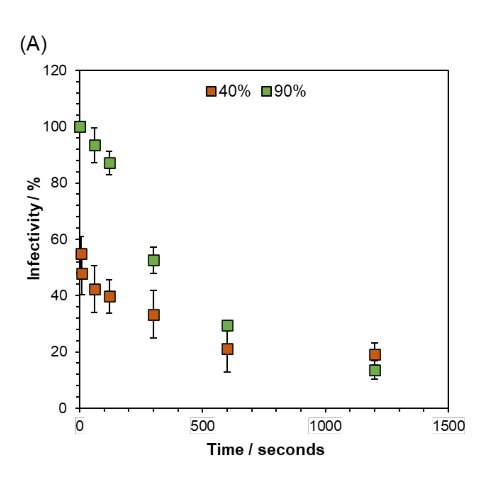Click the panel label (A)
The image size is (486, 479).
coord(33,44)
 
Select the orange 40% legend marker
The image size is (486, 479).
coord(211,91)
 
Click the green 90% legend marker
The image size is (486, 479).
coord(266,91)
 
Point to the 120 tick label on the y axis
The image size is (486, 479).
coord(54,70)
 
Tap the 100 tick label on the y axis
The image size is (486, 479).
coord(54,126)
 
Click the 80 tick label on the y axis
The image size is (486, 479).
coord(59,183)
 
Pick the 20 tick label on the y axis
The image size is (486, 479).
coord(59,351)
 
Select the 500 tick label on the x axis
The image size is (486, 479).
coord(202,426)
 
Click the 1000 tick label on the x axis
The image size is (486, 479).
coord(325,426)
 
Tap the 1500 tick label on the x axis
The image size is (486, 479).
coord(448,426)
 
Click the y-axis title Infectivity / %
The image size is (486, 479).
coord(34,228)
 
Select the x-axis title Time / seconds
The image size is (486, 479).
coord(265,450)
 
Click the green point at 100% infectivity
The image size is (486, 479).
coord(80,127)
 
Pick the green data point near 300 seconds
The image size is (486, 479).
coord(154,260)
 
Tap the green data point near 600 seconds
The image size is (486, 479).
coord(227,325)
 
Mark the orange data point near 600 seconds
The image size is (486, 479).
coord(227,349)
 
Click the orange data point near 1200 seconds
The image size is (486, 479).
coord(375,355)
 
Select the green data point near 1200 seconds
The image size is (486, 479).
coord(375,370)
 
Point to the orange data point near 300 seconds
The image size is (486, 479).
coord(154,315)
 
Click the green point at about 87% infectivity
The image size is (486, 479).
coord(110,163)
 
